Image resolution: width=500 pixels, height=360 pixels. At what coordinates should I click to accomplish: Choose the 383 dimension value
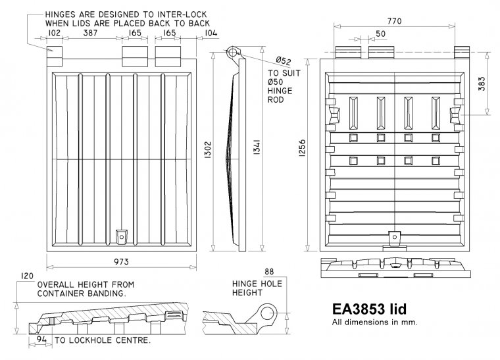[482, 84]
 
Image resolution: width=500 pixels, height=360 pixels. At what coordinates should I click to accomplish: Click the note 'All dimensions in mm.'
[372, 322]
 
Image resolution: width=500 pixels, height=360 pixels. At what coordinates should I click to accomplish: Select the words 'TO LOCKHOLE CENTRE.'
[103, 341]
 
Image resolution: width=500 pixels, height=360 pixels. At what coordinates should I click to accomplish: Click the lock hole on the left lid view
[120, 235]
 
